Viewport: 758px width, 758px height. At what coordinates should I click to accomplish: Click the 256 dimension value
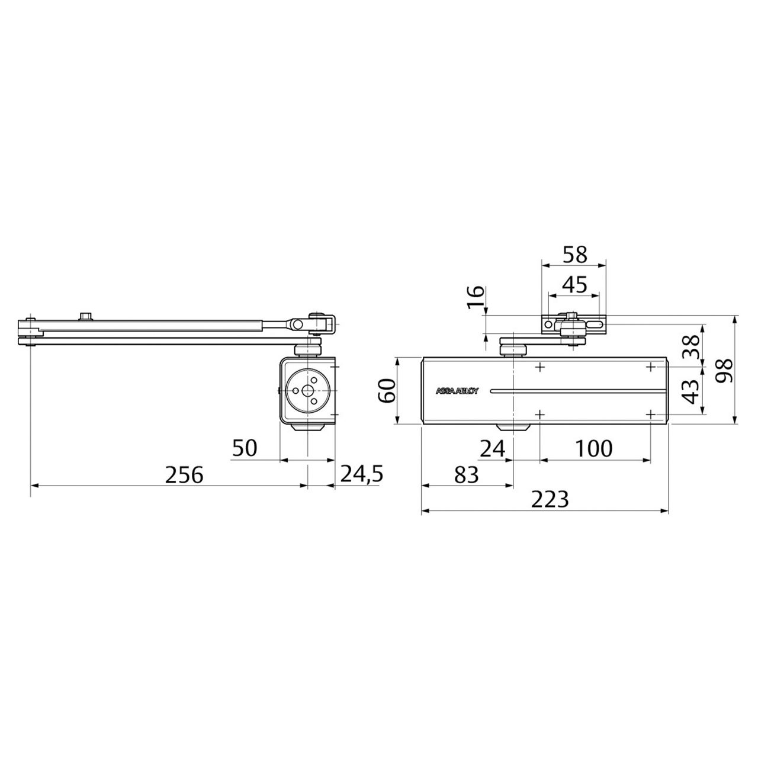(x=184, y=474)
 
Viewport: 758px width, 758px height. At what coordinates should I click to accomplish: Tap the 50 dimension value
(x=245, y=448)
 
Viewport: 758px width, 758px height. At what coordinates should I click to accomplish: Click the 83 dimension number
(x=467, y=474)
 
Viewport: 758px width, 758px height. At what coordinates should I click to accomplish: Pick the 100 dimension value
(x=593, y=448)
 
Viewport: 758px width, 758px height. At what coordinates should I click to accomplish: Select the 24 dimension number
(x=493, y=448)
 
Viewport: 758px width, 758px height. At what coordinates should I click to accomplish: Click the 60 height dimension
(x=387, y=390)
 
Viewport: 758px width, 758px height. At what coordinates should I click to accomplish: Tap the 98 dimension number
(x=724, y=371)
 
